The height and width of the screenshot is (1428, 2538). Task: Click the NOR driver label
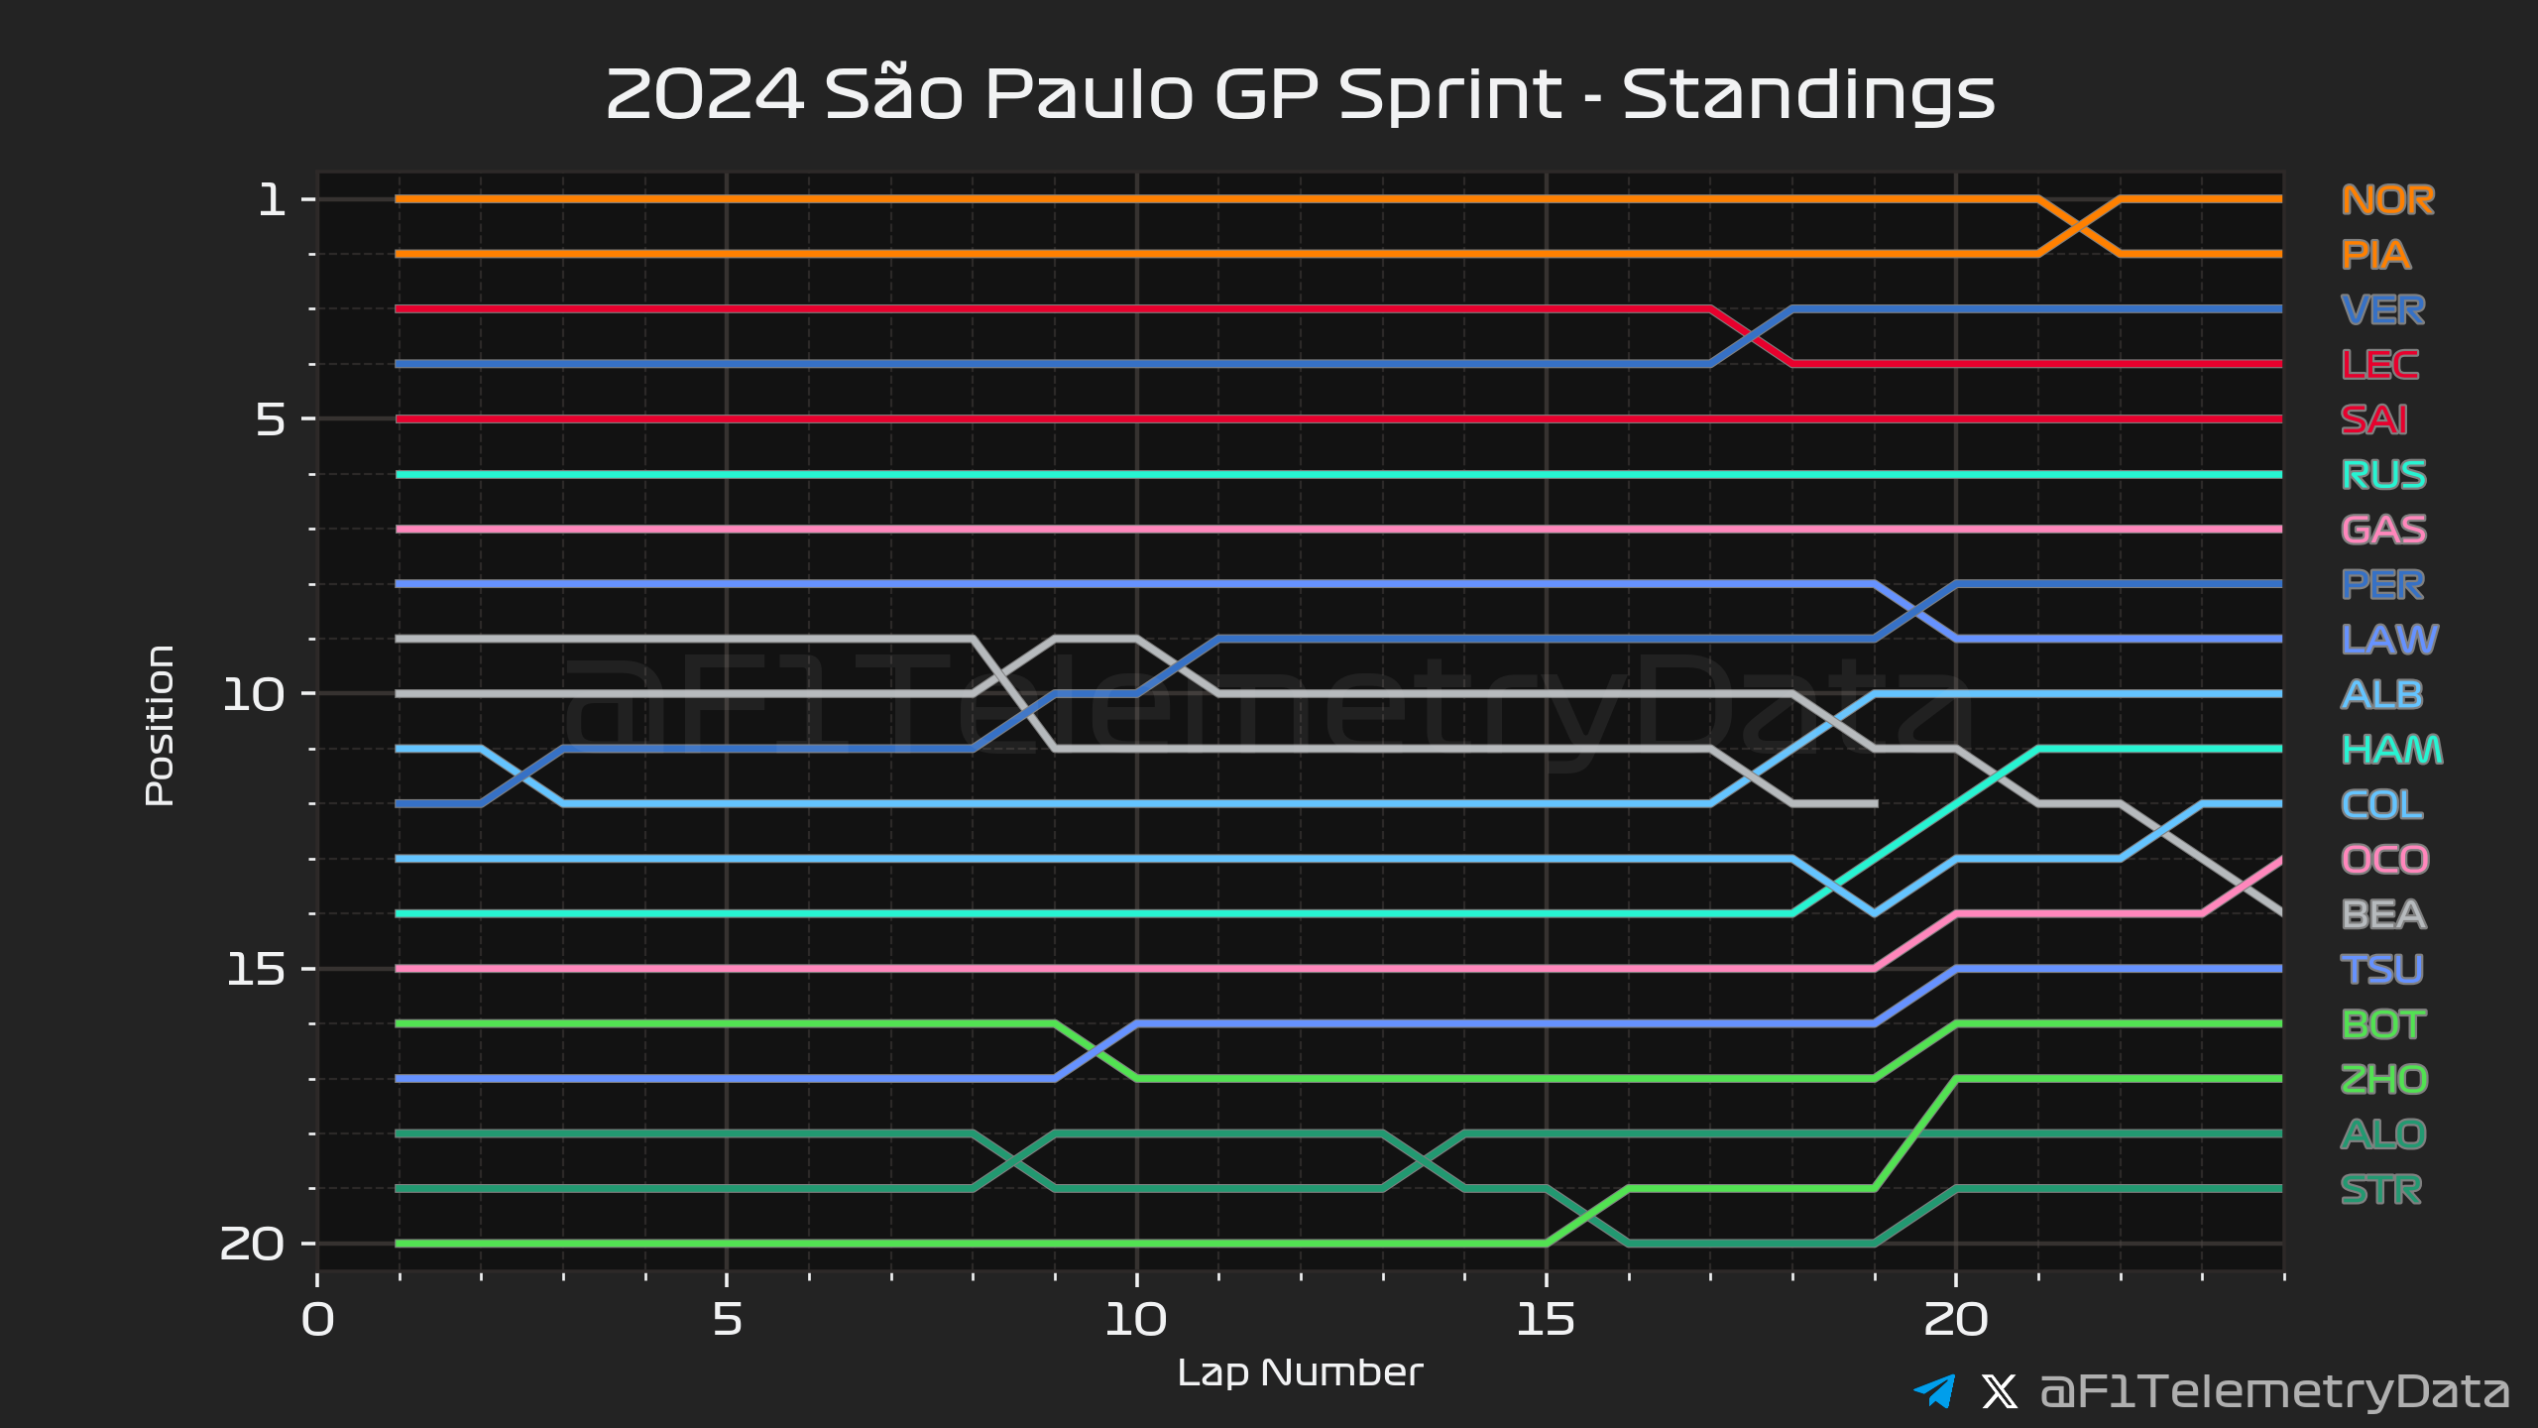pyautogui.click(x=2387, y=200)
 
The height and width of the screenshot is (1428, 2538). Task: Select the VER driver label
pyautogui.click(x=2383, y=310)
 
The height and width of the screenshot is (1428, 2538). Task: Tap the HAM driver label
pyautogui.click(x=2391, y=750)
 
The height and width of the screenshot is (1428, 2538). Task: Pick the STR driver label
pyautogui.click(x=2381, y=1189)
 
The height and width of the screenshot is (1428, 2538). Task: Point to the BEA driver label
pyautogui.click(x=2383, y=914)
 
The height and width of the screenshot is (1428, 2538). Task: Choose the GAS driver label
pyautogui.click(x=2383, y=530)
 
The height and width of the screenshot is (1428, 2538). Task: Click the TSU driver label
pyautogui.click(x=2381, y=969)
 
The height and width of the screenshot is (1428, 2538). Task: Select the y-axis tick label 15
pyautogui.click(x=255, y=969)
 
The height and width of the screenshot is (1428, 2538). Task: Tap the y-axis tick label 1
pyautogui.click(x=272, y=200)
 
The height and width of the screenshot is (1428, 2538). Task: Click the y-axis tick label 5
pyautogui.click(x=271, y=419)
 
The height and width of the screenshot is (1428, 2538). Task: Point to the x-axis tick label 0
pyautogui.click(x=318, y=1320)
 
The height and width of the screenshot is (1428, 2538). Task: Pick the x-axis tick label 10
pyautogui.click(x=1136, y=1320)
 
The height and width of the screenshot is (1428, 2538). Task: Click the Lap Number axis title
pyautogui.click(x=1300, y=1372)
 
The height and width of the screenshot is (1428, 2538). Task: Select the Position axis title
pyautogui.click(x=160, y=725)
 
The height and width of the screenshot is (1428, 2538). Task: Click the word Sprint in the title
pyautogui.click(x=1449, y=96)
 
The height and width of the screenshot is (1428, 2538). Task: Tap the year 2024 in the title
pyautogui.click(x=704, y=96)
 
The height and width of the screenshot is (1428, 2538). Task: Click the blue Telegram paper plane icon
pyautogui.click(x=1934, y=1390)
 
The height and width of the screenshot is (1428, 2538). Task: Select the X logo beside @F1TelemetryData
pyautogui.click(x=1999, y=1391)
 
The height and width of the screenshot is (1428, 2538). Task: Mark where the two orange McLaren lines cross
pyautogui.click(x=2079, y=227)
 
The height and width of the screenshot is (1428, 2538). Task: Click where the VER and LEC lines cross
pyautogui.click(x=1752, y=337)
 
